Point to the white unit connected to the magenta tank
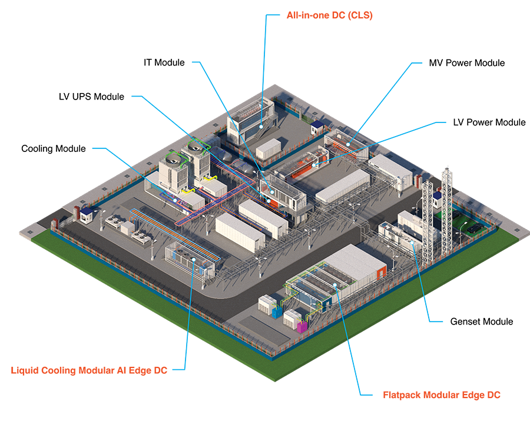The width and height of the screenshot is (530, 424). [x=292, y=319]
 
